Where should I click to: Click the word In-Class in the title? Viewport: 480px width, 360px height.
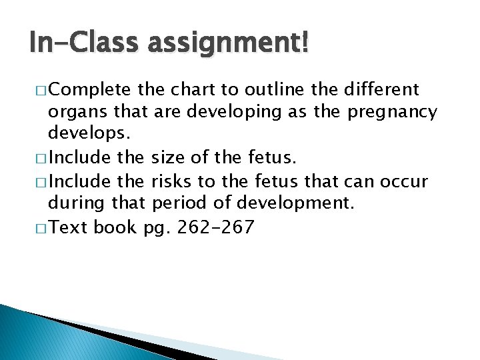click(x=75, y=44)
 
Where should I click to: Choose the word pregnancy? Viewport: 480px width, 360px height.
click(x=392, y=113)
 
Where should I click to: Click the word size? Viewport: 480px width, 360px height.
click(x=169, y=158)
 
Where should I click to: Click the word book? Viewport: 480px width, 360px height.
click(x=116, y=227)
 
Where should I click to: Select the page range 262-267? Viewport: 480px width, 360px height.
click(x=215, y=227)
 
